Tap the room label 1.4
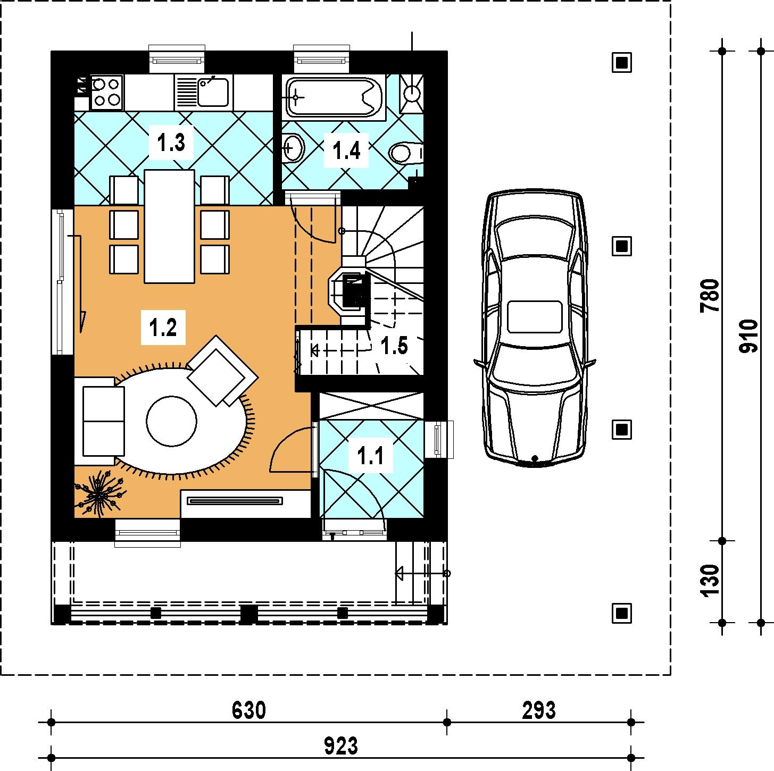(346, 150)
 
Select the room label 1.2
(163, 327)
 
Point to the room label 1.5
(394, 345)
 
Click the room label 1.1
(370, 455)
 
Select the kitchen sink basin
(213, 93)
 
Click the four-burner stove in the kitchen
(106, 93)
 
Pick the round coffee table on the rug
(171, 421)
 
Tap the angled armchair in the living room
(222, 370)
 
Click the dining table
(170, 227)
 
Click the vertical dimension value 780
(709, 296)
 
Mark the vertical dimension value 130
(709, 582)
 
